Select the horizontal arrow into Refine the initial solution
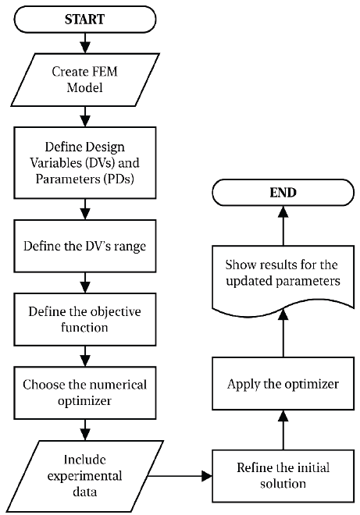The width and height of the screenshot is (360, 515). pos(180,474)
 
